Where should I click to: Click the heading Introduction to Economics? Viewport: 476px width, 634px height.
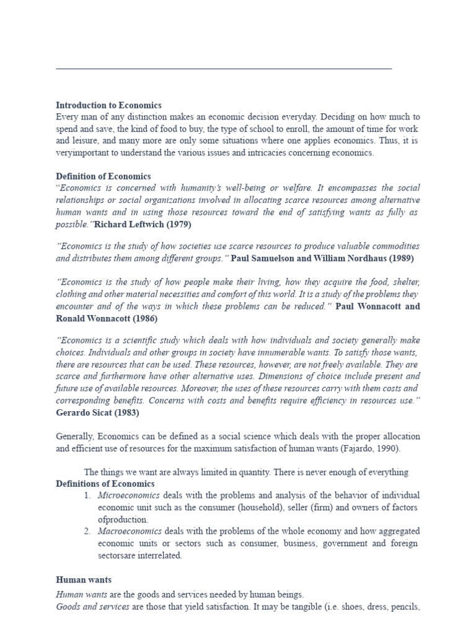click(x=108, y=105)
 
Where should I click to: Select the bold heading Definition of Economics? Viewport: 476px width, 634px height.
click(x=103, y=176)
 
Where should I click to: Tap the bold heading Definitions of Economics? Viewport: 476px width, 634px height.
click(x=105, y=484)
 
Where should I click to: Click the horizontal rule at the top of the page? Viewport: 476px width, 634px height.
click(x=224, y=69)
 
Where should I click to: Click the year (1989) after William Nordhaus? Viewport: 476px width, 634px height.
click(x=400, y=258)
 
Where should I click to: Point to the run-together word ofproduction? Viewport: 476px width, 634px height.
click(x=123, y=519)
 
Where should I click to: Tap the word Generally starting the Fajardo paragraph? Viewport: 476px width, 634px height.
click(x=76, y=436)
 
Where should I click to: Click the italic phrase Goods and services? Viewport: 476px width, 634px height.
click(x=92, y=607)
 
